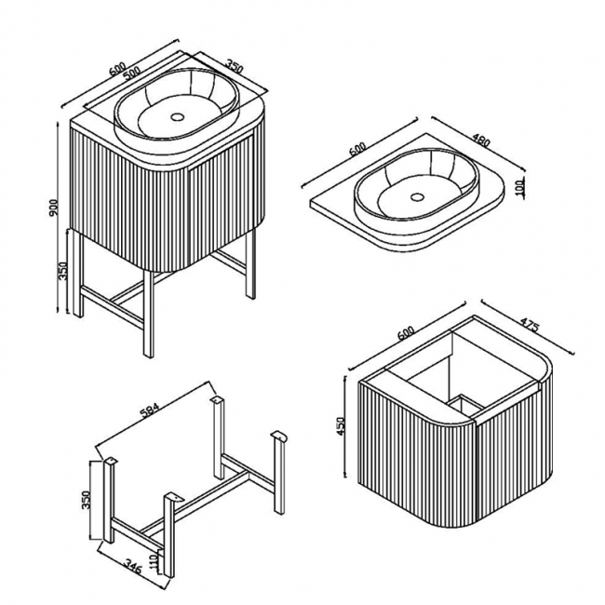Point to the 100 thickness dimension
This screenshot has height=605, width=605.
pos(523,186)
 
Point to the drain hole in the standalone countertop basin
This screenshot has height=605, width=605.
pos(416,197)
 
